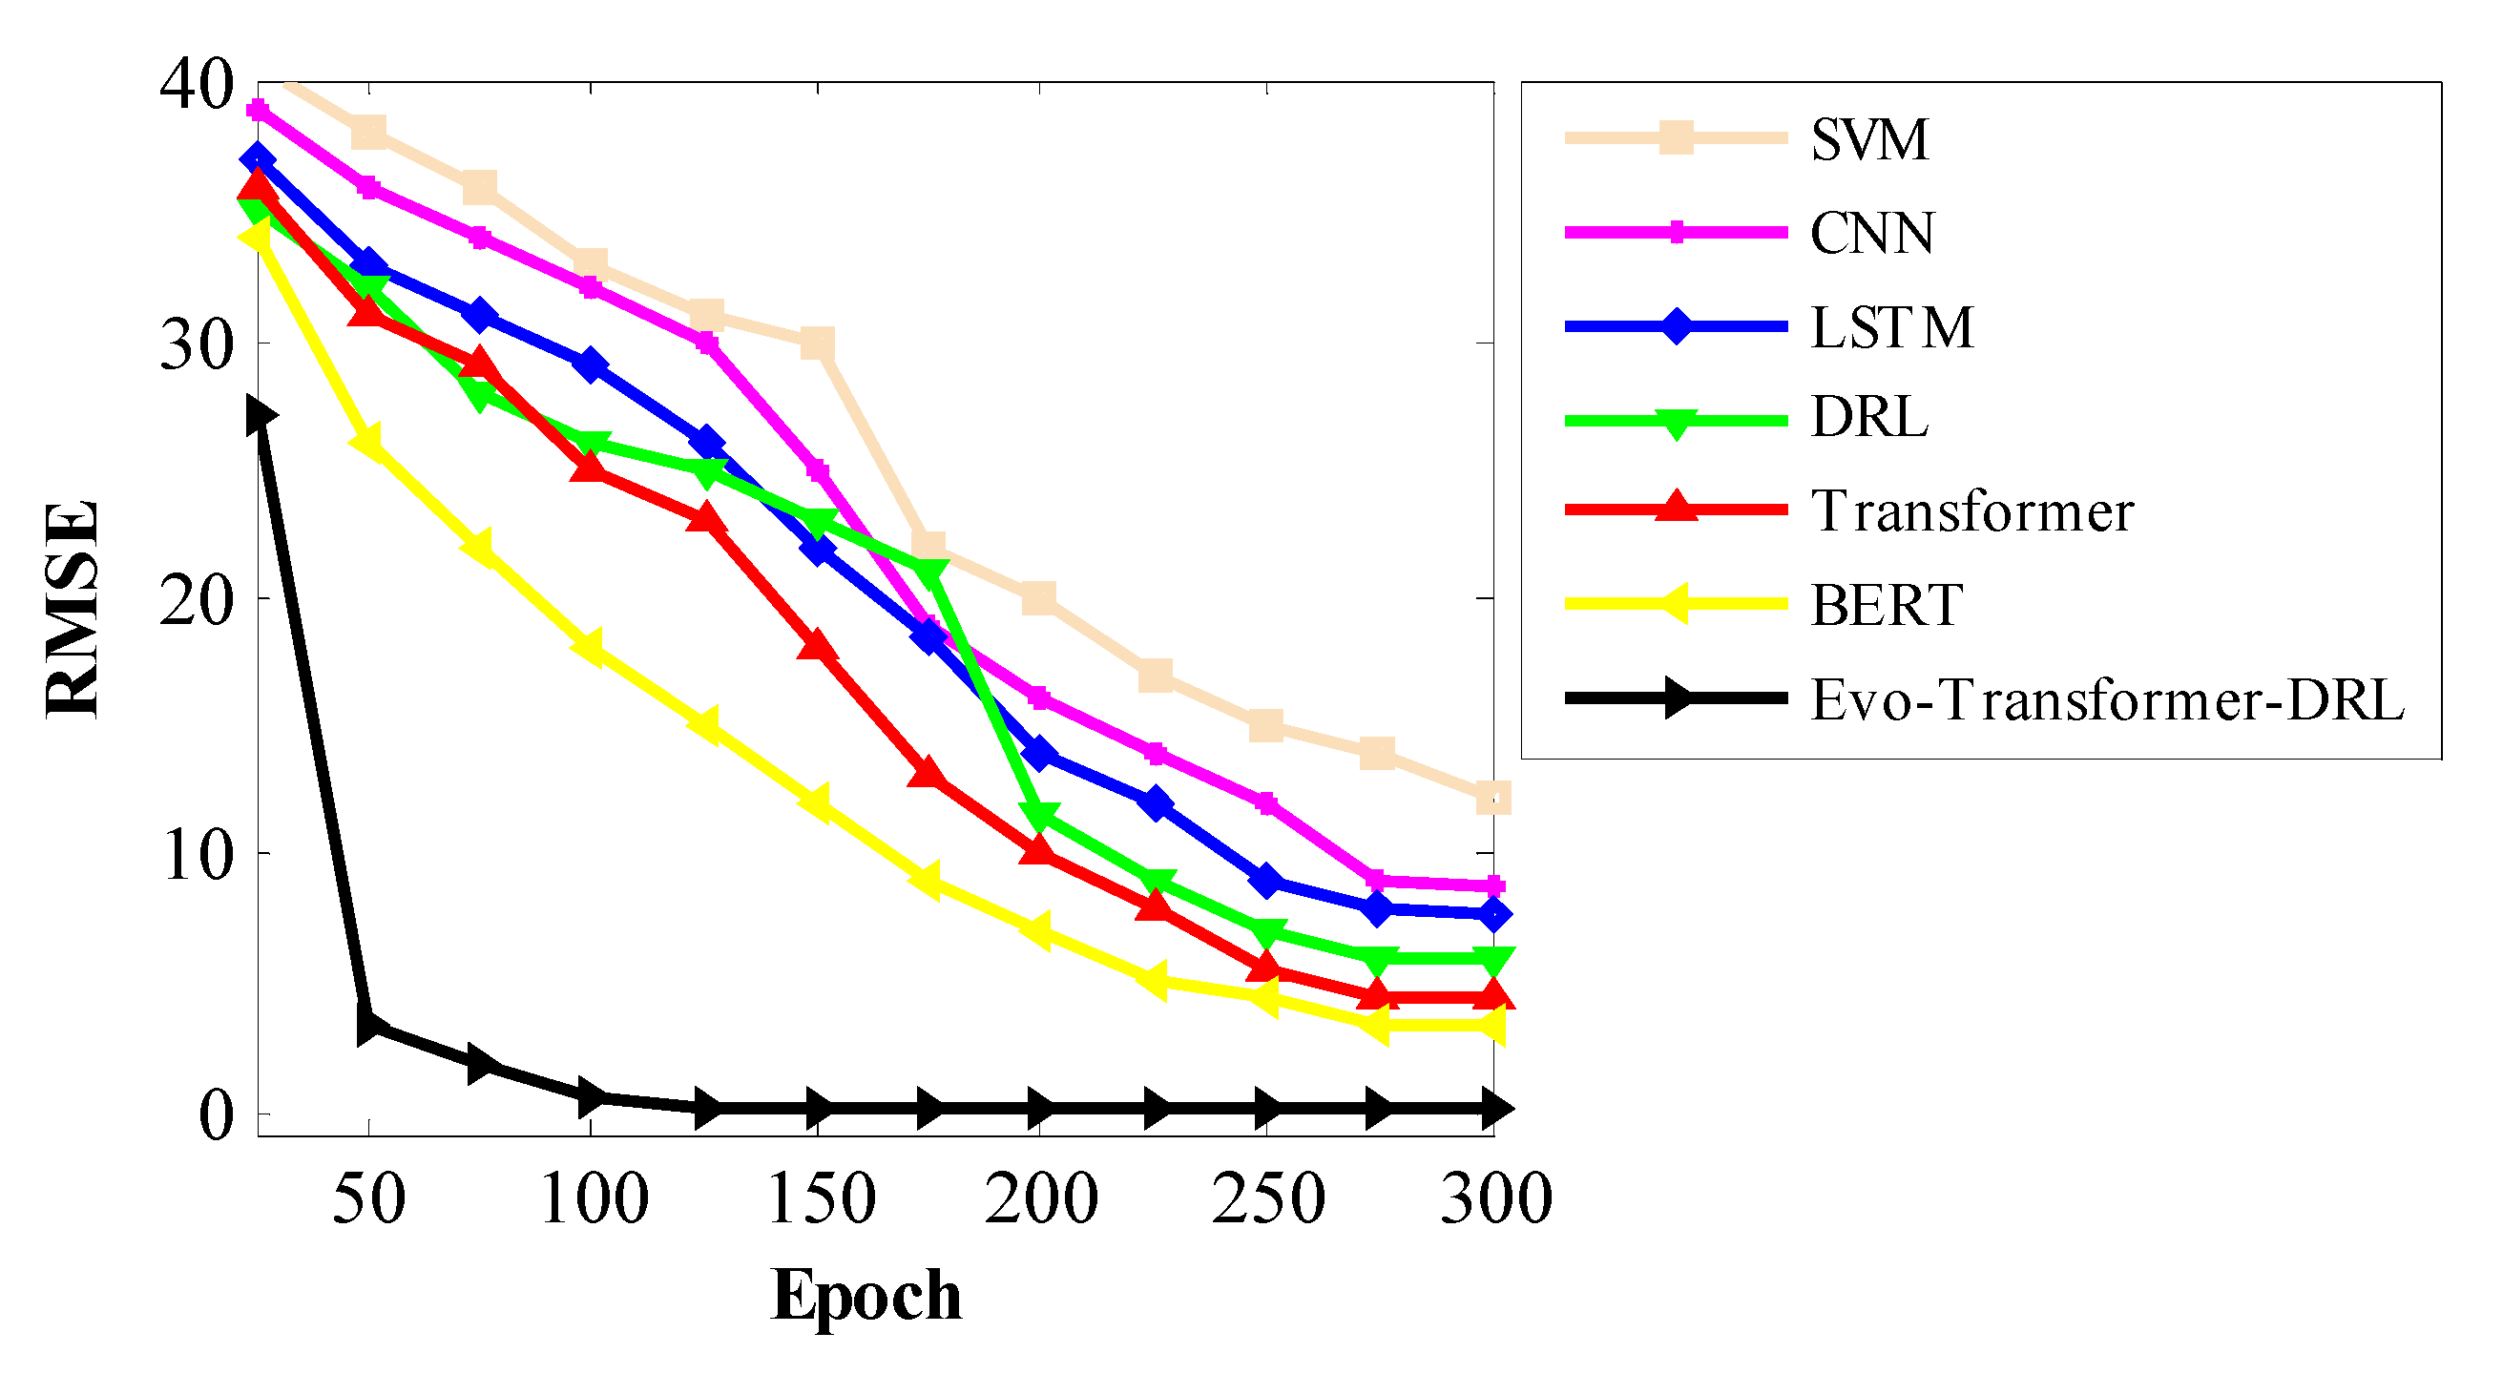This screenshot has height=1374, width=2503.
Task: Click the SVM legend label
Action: click(1868, 140)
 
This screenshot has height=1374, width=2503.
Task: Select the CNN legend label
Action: click(1871, 233)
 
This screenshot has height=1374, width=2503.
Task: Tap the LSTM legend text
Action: click(1892, 327)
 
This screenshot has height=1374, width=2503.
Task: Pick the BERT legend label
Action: click(1886, 605)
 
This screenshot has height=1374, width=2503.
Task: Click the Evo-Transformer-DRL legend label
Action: click(2107, 699)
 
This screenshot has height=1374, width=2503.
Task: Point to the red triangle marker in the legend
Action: click(1675, 509)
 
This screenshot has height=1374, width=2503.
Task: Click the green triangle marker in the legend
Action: click(1675, 423)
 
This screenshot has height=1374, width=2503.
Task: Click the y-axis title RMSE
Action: click(73, 610)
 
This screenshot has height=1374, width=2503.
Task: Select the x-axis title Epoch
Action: click(866, 1296)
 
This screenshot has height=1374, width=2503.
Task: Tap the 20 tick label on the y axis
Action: click(198, 599)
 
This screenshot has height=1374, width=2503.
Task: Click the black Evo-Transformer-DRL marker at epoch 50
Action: click(370, 1026)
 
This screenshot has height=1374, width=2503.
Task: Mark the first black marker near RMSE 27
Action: click(261, 417)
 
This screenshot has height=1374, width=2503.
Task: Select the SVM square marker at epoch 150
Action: click(817, 343)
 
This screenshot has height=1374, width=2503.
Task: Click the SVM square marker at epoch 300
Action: click(1492, 798)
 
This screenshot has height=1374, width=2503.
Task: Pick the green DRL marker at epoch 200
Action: click(1040, 816)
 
